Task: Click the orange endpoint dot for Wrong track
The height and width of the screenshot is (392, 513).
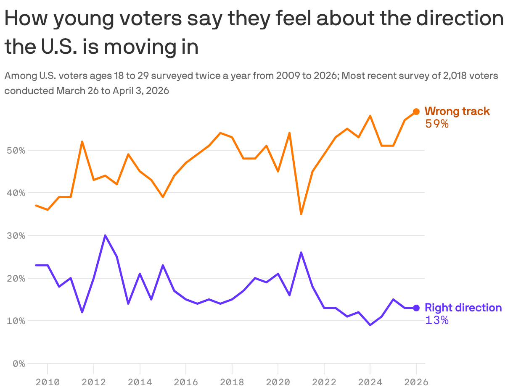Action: pyautogui.click(x=416, y=112)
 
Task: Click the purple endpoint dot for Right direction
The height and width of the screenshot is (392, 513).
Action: pyautogui.click(x=416, y=308)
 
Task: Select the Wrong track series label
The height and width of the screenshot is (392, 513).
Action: pyautogui.click(x=457, y=111)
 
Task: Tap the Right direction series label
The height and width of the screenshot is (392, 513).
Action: pyautogui.click(x=463, y=308)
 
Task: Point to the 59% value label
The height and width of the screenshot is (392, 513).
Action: pyautogui.click(x=437, y=124)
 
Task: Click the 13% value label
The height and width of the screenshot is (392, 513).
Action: pyautogui.click(x=437, y=320)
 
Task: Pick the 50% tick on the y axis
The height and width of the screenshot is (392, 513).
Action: pyautogui.click(x=16, y=150)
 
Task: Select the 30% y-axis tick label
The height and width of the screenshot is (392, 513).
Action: pyautogui.click(x=16, y=236)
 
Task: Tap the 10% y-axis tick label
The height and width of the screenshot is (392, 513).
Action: pyautogui.click(x=16, y=321)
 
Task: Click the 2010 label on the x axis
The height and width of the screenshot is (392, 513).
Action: pyautogui.click(x=48, y=382)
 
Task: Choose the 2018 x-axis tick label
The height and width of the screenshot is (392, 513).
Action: pyautogui.click(x=232, y=382)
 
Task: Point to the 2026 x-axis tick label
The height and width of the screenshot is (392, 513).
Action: pyautogui.click(x=416, y=382)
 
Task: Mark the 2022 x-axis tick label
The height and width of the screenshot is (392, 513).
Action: pyautogui.click(x=324, y=382)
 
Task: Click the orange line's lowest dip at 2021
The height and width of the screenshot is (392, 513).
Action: pyautogui.click(x=301, y=214)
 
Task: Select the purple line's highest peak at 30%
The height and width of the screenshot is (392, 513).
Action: pyautogui.click(x=105, y=235)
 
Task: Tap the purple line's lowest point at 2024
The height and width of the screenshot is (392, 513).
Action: pyautogui.click(x=370, y=325)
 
